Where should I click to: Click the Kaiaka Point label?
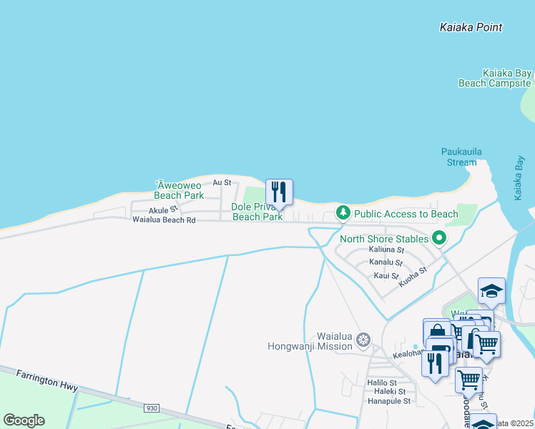(470, 27)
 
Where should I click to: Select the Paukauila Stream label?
(458, 157)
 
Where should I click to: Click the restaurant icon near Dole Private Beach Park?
(280, 192)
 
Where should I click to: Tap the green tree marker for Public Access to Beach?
(343, 213)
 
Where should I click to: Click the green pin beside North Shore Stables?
(439, 239)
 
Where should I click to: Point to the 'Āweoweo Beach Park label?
(179, 189)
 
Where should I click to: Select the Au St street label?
(222, 183)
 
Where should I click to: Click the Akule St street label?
(162, 211)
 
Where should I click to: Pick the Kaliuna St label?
(386, 250)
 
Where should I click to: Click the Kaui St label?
(386, 275)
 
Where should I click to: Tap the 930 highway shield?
(151, 408)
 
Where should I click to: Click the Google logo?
(23, 420)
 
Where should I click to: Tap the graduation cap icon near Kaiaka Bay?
(491, 290)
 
